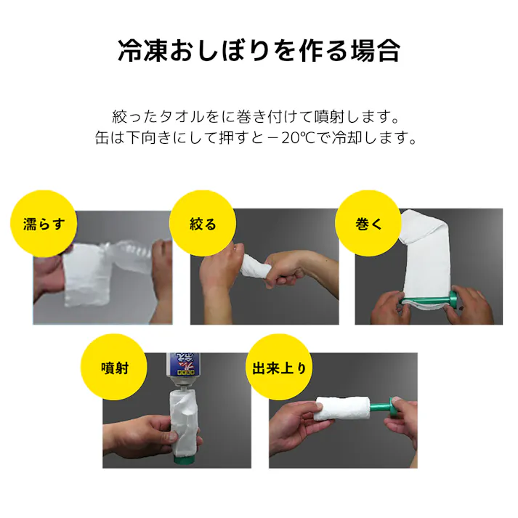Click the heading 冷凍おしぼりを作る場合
259,51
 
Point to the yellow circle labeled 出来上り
279,367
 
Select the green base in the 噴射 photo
185,458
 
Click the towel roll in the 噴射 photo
185,421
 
